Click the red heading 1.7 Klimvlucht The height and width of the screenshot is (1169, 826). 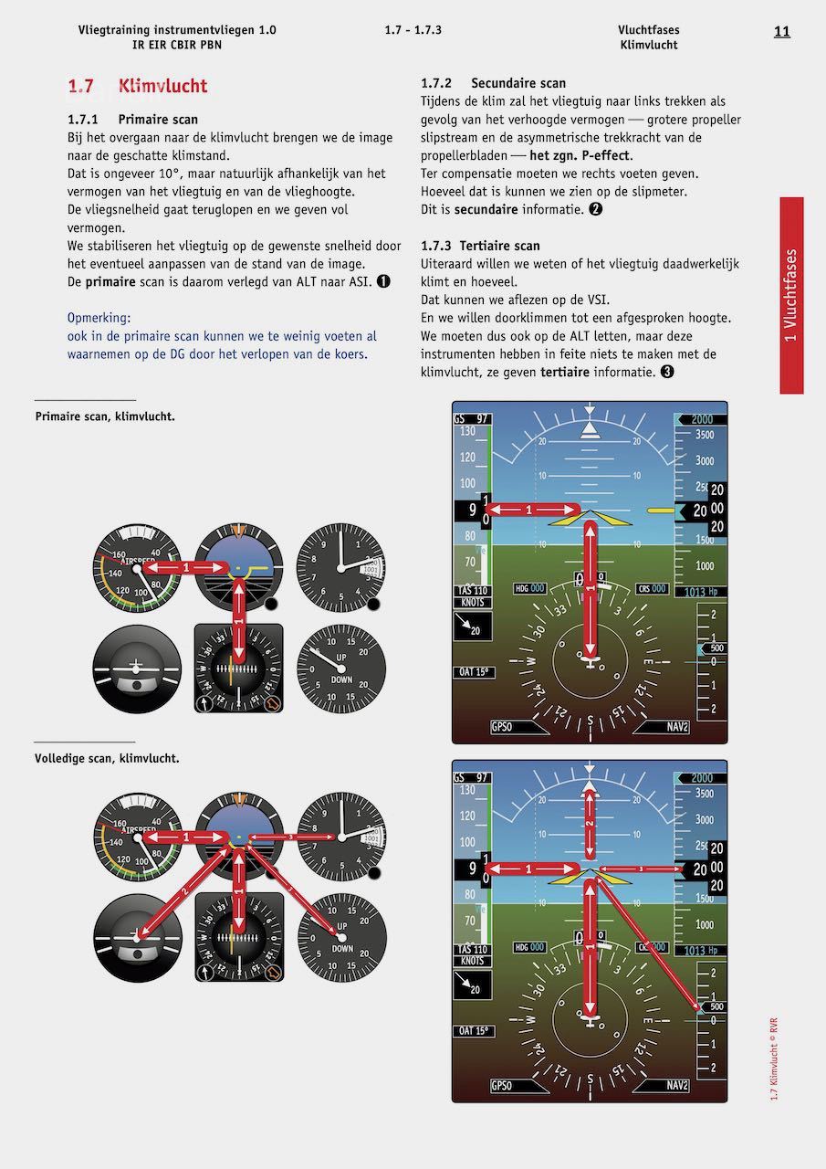138,87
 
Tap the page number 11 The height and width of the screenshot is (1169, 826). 781,31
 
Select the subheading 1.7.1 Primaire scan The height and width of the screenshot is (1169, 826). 132,120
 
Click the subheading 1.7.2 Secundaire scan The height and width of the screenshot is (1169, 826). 493,83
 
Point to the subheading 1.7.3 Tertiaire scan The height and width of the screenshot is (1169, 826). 480,246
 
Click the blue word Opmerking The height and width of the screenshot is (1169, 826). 99,318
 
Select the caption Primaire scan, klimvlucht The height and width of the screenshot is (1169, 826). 105,416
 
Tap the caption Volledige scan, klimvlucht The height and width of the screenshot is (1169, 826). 107,759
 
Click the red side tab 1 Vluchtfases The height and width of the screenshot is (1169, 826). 791,295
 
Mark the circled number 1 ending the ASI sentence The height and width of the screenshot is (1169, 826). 383,282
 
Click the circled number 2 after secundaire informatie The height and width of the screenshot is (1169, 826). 595,209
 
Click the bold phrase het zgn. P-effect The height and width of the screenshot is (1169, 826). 580,156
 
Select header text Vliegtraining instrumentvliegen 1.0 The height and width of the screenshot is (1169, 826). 177,30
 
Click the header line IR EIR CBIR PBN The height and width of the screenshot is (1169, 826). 177,45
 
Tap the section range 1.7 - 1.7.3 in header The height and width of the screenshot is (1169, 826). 413,30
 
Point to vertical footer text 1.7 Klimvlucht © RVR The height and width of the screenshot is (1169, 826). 774,1058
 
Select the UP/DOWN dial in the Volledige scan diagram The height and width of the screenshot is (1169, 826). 341,938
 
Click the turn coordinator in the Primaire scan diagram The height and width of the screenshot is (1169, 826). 137,669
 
